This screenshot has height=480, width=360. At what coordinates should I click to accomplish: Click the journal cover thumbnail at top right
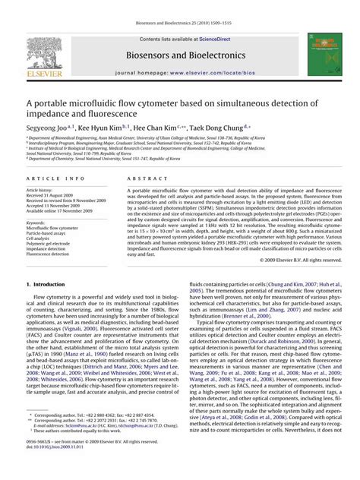[x=318, y=52]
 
